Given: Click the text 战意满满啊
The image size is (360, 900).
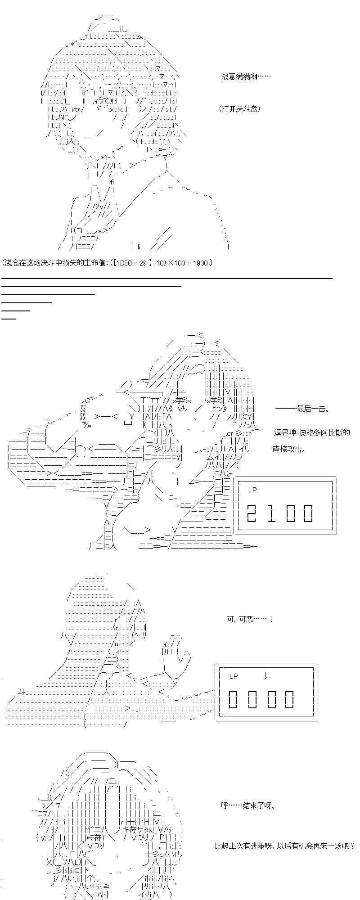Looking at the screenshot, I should click(x=246, y=77).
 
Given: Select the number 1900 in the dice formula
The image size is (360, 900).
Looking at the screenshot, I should click(x=200, y=263).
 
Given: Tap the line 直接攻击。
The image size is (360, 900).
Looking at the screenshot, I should click(x=288, y=449).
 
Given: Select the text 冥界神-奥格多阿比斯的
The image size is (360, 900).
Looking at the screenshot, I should click(x=311, y=433).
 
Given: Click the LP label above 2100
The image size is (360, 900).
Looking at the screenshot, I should click(x=252, y=490).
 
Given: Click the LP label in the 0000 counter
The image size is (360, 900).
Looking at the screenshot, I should click(x=234, y=676).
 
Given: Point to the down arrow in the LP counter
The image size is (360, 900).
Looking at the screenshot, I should click(x=265, y=675).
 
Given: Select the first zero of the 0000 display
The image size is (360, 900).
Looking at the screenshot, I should click(x=234, y=699).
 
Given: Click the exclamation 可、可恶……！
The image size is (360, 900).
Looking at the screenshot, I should click(x=256, y=619).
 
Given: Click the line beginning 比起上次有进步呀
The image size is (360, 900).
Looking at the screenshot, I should click(x=284, y=846).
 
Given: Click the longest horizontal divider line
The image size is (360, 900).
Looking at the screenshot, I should click(x=166, y=279).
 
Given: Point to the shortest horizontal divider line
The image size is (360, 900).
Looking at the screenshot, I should click(x=9, y=319).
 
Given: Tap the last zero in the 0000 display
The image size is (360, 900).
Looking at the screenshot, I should click(x=289, y=699).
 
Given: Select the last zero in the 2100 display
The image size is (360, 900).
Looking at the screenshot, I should click(x=308, y=513).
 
